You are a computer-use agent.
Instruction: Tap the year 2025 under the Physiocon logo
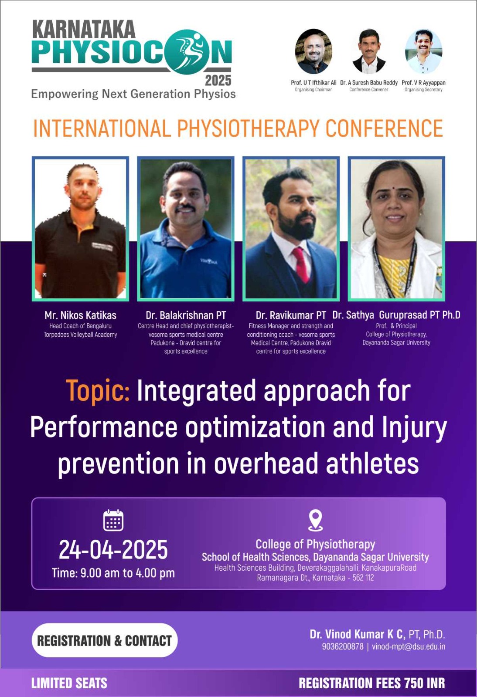(218, 81)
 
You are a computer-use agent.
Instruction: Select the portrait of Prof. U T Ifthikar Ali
(313, 51)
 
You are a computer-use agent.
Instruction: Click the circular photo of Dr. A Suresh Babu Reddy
(368, 51)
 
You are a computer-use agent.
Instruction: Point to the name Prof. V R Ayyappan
(423, 83)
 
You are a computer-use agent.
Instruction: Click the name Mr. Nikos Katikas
(80, 315)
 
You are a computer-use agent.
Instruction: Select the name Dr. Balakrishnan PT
(186, 315)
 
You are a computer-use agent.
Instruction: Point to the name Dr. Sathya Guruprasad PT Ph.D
(396, 315)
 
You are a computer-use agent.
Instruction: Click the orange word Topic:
(98, 391)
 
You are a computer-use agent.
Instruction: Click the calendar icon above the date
(113, 520)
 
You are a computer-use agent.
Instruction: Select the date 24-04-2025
(113, 550)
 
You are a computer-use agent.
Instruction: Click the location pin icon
(315, 520)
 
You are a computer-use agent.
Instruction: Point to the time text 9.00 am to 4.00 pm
(128, 573)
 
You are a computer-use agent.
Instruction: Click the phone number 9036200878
(343, 646)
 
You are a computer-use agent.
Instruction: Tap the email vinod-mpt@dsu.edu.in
(409, 646)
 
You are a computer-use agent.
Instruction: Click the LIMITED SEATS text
(69, 683)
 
